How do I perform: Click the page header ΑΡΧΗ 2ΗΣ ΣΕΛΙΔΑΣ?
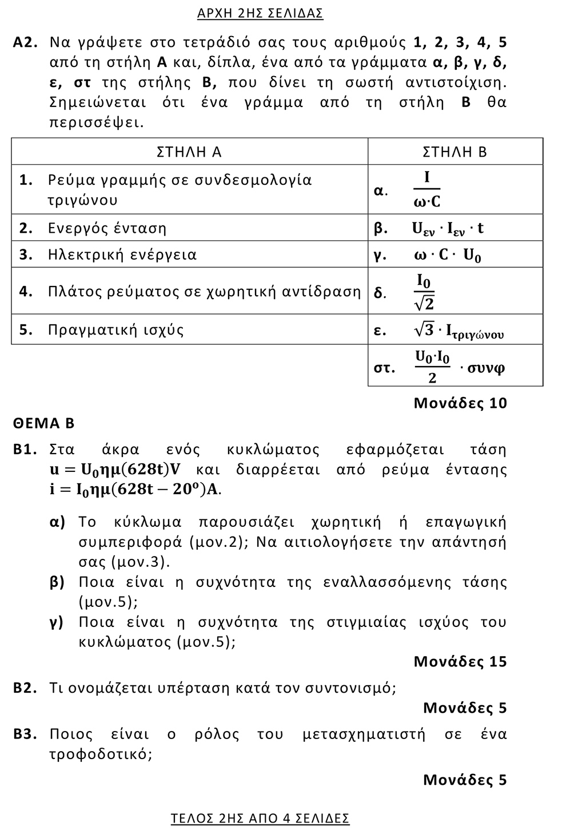coord(260,13)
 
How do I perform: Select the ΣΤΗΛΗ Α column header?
coord(189,152)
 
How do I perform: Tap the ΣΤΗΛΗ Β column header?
coord(455,152)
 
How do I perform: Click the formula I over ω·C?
coord(427,190)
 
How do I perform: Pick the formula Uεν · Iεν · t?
coord(448,228)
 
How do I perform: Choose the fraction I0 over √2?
coord(424,291)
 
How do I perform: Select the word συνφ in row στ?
coord(486,367)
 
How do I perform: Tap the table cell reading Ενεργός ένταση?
coord(107,228)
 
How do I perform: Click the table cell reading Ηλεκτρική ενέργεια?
coord(122,255)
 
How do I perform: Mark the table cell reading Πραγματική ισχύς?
coord(115,330)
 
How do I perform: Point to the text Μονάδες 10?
coord(460,403)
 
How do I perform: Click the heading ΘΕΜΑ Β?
coord(44,423)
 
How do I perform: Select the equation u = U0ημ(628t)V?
coord(115,470)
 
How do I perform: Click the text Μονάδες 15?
coord(460,662)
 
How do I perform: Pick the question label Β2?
coord(25,688)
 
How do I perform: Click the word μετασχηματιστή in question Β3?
coord(364,734)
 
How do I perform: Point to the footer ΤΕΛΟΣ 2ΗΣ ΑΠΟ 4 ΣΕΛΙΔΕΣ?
coord(260,819)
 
